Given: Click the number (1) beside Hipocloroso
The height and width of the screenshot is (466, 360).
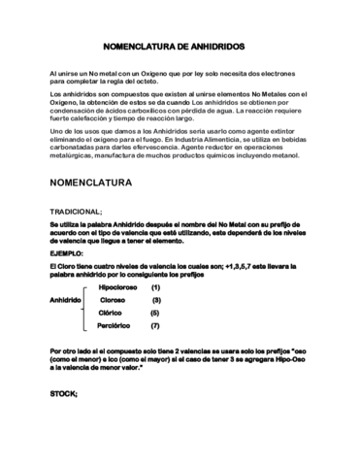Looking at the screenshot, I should (x=155, y=287).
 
